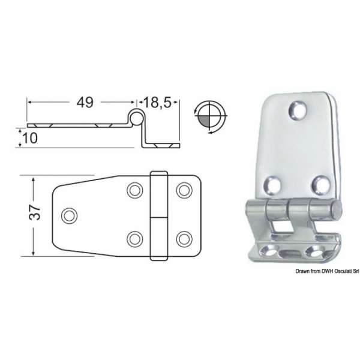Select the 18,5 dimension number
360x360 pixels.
(157, 102)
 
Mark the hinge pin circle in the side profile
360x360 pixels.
(136, 118)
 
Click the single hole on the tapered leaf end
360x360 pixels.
(70, 214)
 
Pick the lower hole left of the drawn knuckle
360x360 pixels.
(135, 236)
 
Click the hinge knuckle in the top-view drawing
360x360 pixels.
(158, 214)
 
